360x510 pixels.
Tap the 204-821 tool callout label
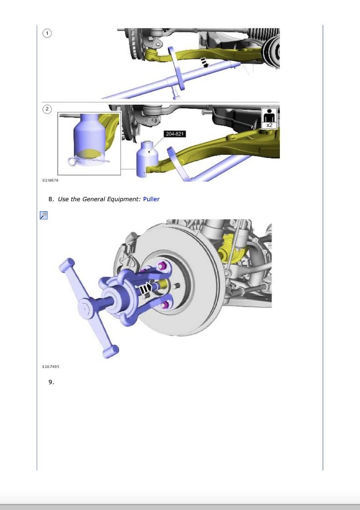(175, 134)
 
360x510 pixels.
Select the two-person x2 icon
(270, 117)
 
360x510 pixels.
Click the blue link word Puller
(151, 199)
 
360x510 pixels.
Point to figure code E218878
(50, 180)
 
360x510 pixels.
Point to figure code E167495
(50, 366)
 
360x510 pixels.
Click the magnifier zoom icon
(44, 215)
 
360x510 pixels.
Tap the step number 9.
(51, 382)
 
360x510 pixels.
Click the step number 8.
(51, 199)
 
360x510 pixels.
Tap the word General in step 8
(93, 199)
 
